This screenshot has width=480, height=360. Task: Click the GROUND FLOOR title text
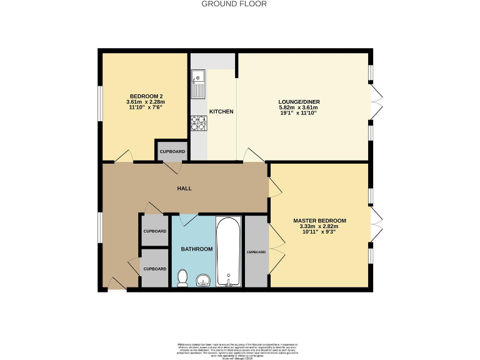(234, 4)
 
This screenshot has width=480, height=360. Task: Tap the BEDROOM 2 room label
(145, 96)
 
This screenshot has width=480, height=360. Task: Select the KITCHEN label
(221, 112)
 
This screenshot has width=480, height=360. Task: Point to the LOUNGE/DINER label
(298, 101)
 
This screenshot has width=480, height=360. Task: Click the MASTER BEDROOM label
(319, 221)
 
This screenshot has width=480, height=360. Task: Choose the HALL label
(184, 188)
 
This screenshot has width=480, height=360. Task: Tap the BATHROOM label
(197, 249)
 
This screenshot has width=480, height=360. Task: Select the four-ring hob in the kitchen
(199, 124)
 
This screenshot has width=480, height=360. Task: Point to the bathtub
(229, 251)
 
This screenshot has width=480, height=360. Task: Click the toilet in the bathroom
(183, 277)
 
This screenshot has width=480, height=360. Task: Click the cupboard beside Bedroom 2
(172, 152)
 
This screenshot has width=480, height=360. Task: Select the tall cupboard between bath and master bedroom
(256, 251)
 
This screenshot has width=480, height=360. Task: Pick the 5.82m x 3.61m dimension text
(298, 107)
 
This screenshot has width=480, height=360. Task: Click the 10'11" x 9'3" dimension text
(319, 233)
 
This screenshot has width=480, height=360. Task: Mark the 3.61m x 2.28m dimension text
(145, 102)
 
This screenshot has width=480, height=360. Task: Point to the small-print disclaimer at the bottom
(239, 349)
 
